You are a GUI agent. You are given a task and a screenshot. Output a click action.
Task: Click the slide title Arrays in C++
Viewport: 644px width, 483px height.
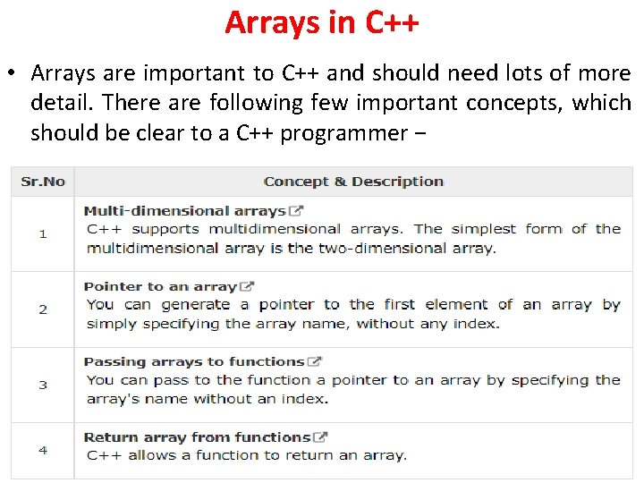pos(321,22)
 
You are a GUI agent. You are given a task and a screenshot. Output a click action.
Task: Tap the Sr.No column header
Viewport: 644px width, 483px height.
pos(43,182)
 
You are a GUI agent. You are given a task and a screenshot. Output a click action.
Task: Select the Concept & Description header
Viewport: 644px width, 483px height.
pos(353,182)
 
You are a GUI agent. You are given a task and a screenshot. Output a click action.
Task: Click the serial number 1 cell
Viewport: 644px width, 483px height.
pos(43,233)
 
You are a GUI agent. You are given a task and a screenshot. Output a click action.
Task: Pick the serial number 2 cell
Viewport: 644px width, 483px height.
pos(43,309)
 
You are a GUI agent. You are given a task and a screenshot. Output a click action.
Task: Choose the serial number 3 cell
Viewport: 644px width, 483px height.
pos(43,385)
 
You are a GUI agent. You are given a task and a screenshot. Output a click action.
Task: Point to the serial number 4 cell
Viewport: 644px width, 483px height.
pos(43,450)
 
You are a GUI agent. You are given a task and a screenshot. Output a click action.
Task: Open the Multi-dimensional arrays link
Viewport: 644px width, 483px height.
pos(184,211)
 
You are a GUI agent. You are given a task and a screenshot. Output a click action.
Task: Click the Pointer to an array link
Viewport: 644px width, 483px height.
pos(160,287)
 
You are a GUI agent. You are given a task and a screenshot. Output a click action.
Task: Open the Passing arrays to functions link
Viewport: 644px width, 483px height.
pos(194,362)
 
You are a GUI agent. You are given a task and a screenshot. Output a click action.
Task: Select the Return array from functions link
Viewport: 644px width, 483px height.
pos(197,437)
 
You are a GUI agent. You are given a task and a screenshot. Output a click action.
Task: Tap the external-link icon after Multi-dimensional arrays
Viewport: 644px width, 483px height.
pos(296,211)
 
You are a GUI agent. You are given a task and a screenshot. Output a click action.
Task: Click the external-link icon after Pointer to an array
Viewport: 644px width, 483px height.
pos(248,287)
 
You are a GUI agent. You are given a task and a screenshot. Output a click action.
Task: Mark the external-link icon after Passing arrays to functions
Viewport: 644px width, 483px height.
pos(315,362)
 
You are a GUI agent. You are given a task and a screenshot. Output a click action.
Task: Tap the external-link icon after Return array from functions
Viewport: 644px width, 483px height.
pos(321,437)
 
